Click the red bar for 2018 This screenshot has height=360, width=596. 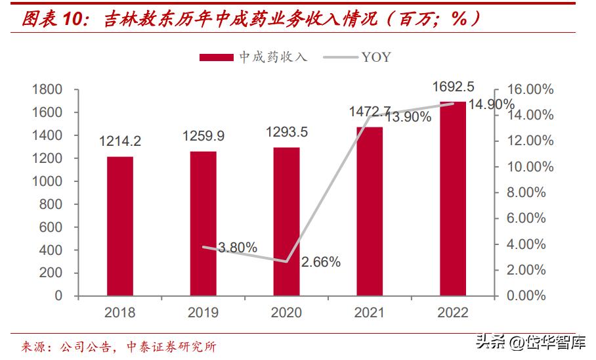120,226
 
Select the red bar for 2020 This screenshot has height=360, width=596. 286,221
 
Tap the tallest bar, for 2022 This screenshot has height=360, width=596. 452,198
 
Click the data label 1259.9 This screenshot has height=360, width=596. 203,136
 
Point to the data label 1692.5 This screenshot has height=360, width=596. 453,86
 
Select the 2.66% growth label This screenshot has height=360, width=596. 321,262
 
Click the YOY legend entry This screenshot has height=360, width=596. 362,57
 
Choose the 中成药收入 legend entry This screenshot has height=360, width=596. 253,57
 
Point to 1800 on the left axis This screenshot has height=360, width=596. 49,89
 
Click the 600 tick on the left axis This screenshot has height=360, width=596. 53,227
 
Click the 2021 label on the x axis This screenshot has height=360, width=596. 369,313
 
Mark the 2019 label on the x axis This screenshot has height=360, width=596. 203,313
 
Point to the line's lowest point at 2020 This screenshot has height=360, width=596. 286,261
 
